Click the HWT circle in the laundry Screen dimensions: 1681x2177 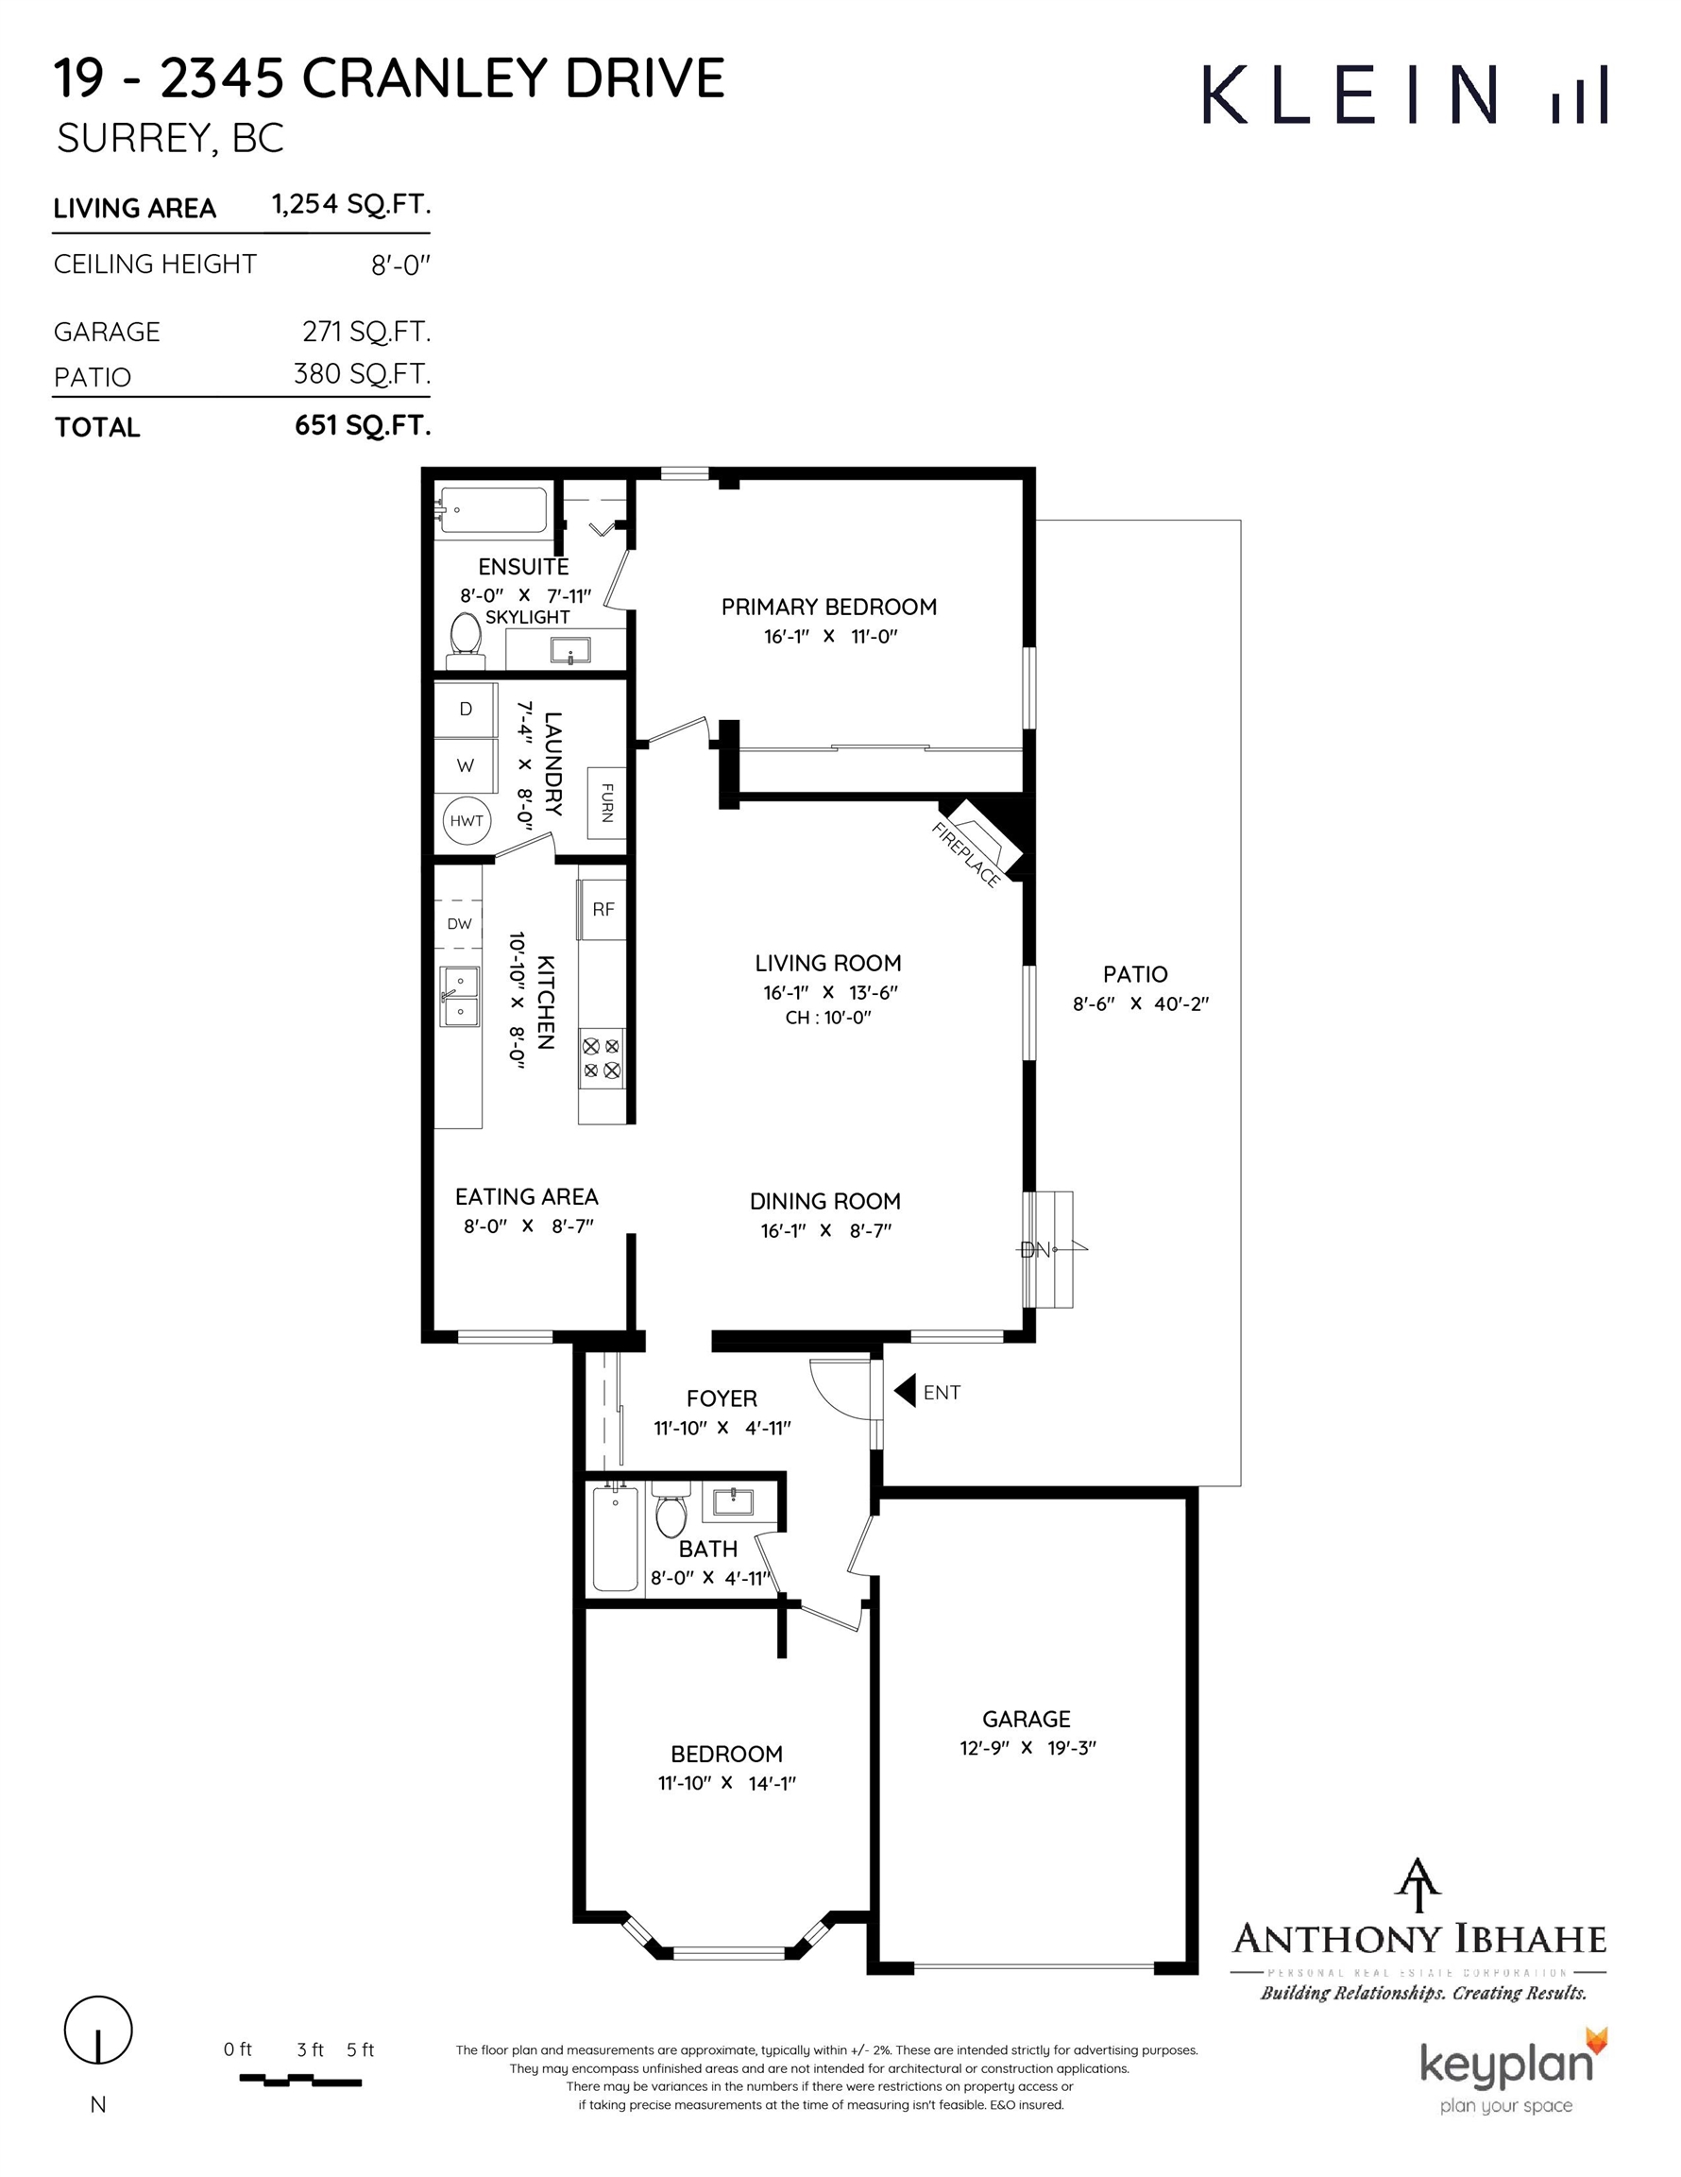tap(467, 820)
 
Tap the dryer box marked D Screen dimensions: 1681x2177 tap(466, 710)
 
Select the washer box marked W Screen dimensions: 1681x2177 tap(466, 765)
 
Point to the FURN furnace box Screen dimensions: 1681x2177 tap(606, 802)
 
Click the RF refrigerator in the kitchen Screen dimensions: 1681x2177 tap(603, 909)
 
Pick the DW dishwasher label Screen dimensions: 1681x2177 tap(459, 924)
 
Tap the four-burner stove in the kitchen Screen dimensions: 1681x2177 tap(602, 1058)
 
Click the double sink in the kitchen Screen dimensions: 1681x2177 tap(459, 996)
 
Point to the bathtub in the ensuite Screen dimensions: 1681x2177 tap(493, 510)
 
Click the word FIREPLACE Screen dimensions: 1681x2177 tap(965, 854)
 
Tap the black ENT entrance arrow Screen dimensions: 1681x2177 tap(905, 1391)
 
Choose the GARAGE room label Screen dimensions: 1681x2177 tap(1027, 1719)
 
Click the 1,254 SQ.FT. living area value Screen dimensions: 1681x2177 tap(350, 204)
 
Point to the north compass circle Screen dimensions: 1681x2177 tap(97, 2030)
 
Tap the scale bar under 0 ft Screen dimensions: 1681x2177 tap(300, 2081)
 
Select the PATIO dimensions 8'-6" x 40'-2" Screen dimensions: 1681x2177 tap(1140, 1003)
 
